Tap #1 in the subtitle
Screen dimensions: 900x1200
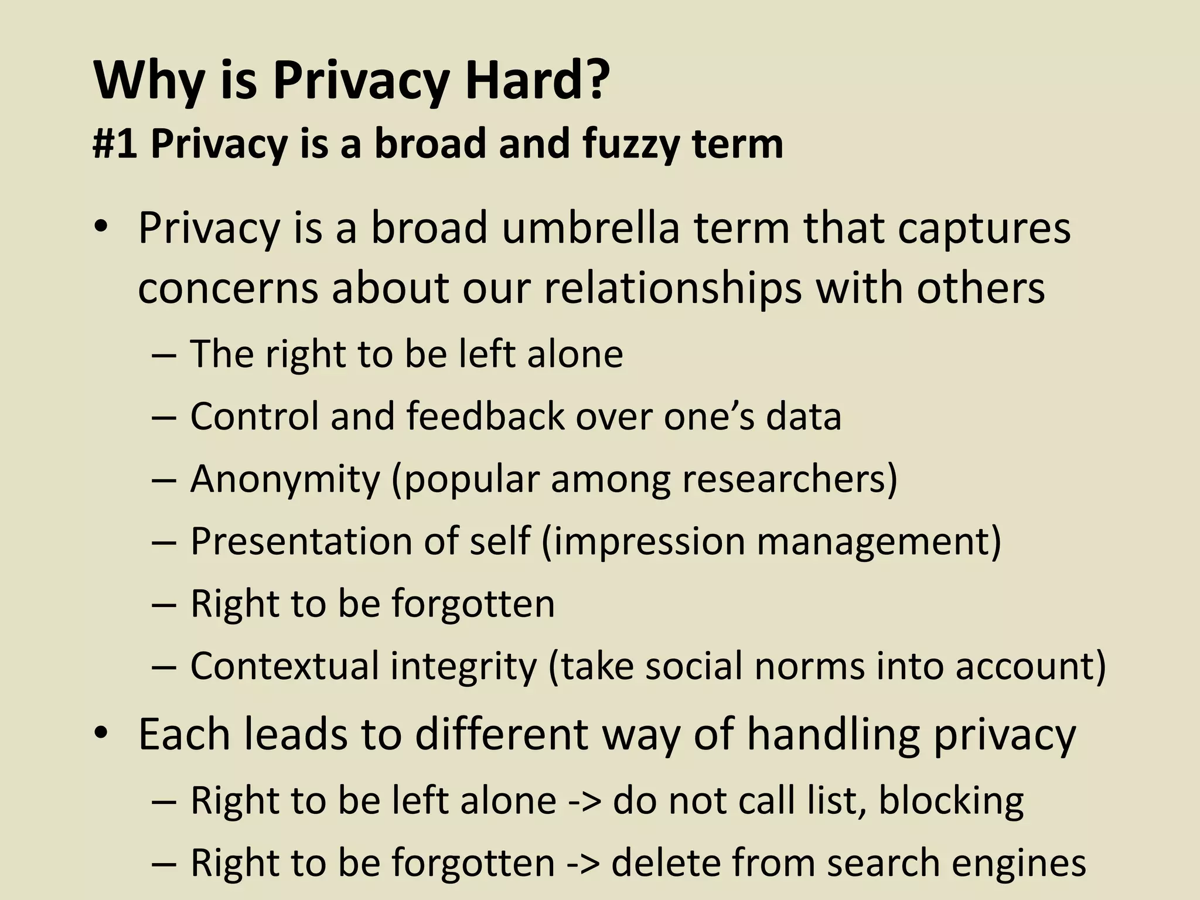115,144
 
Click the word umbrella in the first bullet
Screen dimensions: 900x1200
591,228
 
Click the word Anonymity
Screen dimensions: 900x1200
285,479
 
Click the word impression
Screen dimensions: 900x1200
648,541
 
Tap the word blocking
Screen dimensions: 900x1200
951,800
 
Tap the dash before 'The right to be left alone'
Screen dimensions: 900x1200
163,355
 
